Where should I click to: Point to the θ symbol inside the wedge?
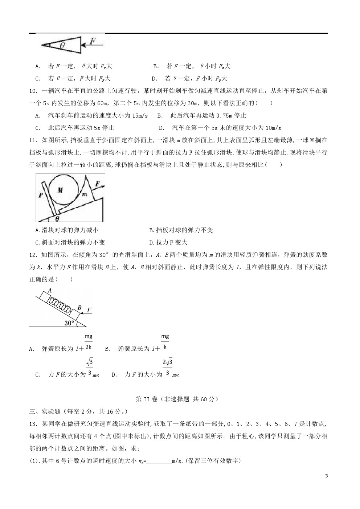click(x=62, y=45)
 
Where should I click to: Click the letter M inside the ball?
click(x=60, y=190)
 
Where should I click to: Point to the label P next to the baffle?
click(x=40, y=195)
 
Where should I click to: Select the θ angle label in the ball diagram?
click(x=57, y=218)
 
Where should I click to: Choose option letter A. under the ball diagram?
click(x=38, y=230)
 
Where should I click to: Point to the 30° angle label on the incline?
click(x=69, y=323)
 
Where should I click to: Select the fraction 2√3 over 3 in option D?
click(x=167, y=367)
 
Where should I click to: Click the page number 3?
click(x=326, y=476)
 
